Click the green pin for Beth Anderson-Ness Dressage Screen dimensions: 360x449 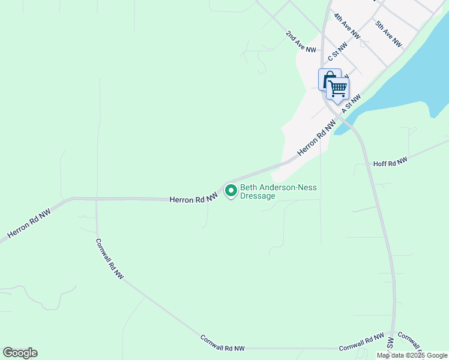pos(231,191)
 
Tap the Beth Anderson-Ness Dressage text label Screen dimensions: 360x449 pos(279,192)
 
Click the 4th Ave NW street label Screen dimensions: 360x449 pos(347,27)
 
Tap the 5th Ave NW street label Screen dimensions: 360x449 pos(388,34)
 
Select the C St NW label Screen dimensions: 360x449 pos(338,52)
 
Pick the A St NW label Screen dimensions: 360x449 pos(352,103)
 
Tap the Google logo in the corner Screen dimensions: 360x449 pos(20,353)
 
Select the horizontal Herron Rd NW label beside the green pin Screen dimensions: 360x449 pos(193,199)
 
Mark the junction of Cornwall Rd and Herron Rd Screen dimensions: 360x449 pos(97,199)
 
